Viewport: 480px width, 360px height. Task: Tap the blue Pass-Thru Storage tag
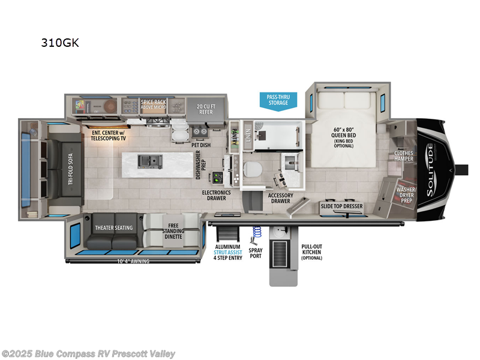pos(278,100)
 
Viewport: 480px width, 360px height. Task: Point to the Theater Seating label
pos(114,227)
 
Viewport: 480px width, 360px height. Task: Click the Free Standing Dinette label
pos(173,230)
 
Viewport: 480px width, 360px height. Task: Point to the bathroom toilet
pos(252,170)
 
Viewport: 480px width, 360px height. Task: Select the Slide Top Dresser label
pos(341,206)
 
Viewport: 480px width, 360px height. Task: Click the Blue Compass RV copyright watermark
pos(89,353)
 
